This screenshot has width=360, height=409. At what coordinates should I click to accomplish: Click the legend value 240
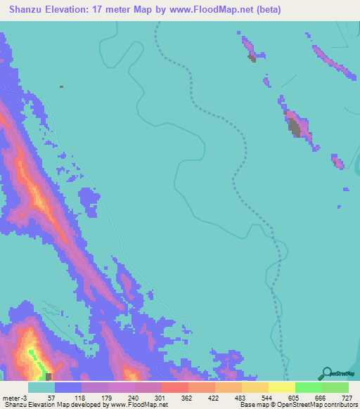click(x=148, y=397)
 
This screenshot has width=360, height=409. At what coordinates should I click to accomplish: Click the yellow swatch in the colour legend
click(x=281, y=387)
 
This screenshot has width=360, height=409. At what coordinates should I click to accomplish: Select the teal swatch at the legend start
click(x=41, y=387)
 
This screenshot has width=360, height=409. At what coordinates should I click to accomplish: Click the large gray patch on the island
click(x=295, y=127)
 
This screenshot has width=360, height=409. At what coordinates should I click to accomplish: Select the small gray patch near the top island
click(x=252, y=59)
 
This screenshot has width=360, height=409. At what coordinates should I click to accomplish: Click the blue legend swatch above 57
click(x=68, y=387)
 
